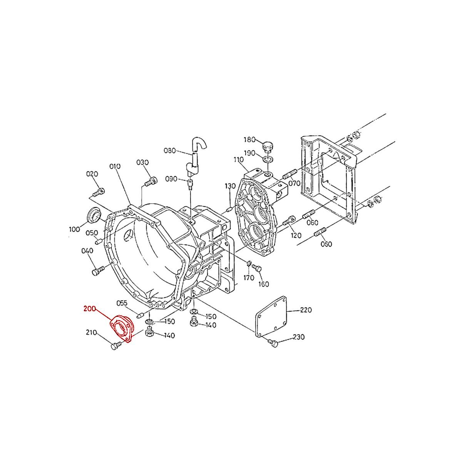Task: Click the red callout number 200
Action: (x=90, y=308)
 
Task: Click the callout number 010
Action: (x=115, y=166)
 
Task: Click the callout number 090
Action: (x=171, y=179)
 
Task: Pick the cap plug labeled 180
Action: (x=267, y=146)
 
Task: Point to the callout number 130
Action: (x=230, y=186)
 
